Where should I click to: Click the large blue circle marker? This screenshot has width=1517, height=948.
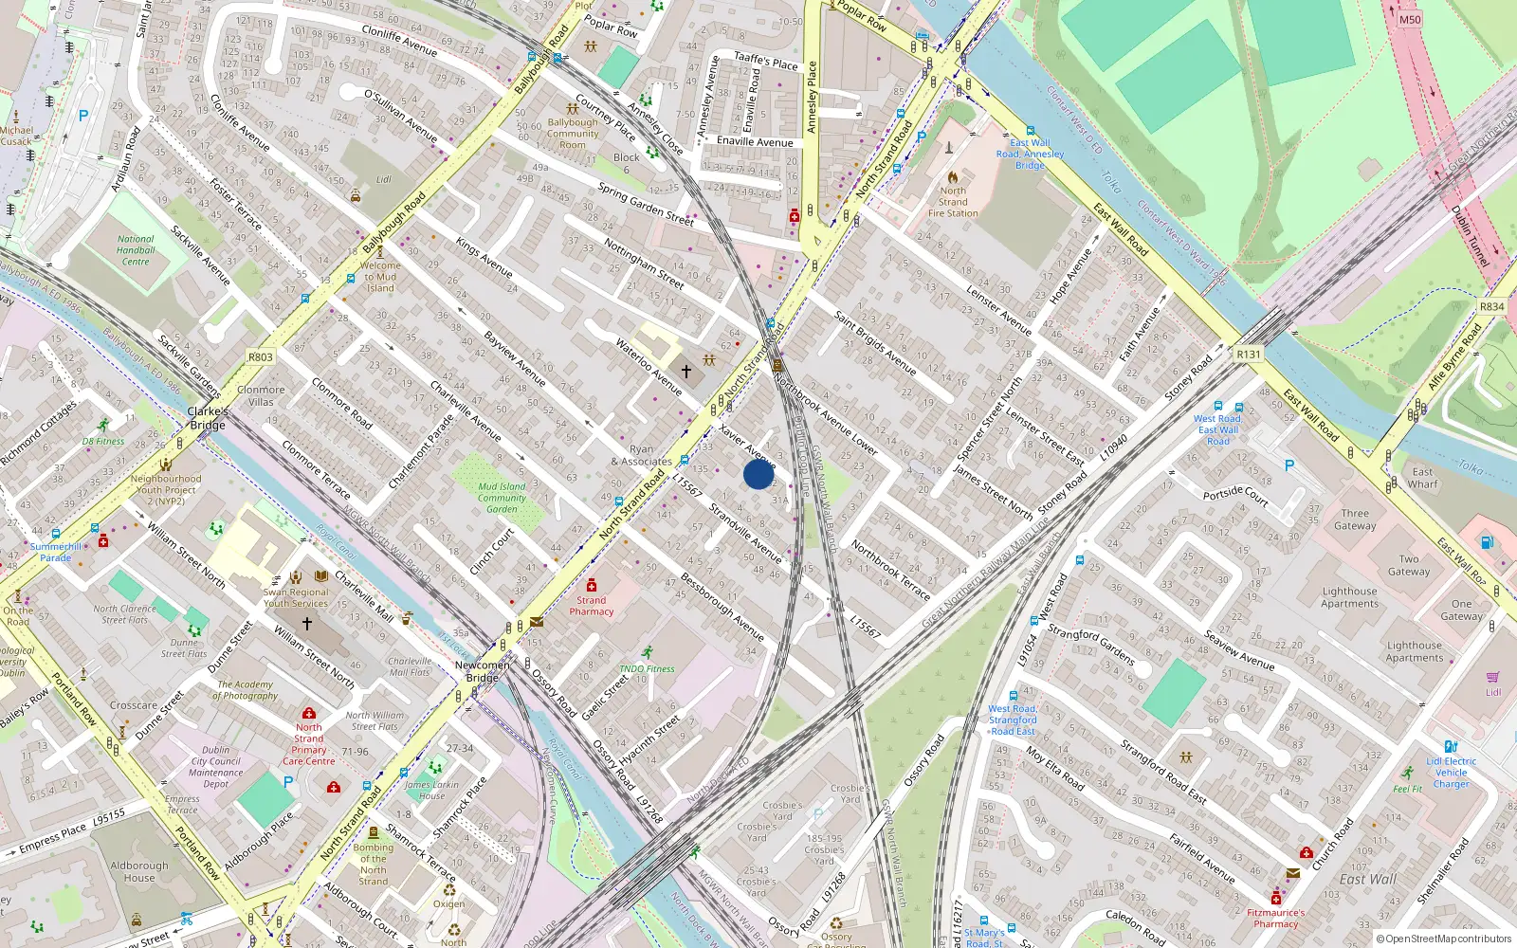point(758,474)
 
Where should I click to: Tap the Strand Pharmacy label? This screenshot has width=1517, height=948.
point(591,606)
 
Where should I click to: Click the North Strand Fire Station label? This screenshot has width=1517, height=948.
point(953,202)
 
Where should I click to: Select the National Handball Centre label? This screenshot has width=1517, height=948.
point(136,250)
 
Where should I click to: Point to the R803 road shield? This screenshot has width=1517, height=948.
point(260,357)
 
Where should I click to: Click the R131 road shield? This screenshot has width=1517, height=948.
point(1249,355)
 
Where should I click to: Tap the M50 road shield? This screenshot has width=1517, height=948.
point(1410,19)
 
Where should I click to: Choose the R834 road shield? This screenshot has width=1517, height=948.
point(1491,307)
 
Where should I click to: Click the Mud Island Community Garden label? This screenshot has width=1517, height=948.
point(502,498)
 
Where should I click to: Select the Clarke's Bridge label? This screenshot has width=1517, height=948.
point(208,418)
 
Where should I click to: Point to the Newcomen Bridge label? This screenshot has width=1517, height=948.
point(482,671)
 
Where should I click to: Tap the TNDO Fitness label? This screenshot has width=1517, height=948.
point(647,668)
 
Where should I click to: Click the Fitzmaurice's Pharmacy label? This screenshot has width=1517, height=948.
point(1275,918)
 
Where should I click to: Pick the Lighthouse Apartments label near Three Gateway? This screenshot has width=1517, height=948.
point(1349,597)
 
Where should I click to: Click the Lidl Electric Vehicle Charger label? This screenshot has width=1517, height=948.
point(1451,772)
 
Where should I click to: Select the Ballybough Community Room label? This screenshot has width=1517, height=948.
point(573,134)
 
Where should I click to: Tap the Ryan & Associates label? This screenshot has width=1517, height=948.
point(642,456)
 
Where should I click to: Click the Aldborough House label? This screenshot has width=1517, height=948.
point(139,871)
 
